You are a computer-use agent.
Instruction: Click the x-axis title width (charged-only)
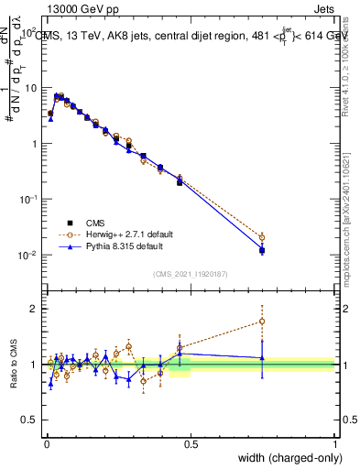tap(285, 458)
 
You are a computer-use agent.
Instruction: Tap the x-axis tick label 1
tap(334, 443)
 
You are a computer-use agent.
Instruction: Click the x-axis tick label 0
tap(46, 443)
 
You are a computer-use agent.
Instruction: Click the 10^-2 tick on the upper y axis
tap(27, 255)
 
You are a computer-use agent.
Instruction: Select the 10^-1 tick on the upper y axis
tap(27, 200)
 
